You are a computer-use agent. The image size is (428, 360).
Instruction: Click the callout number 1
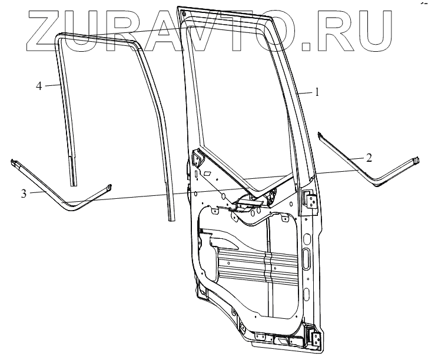pyautogui.click(x=316, y=92)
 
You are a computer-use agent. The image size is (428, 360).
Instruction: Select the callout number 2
pyautogui.click(x=369, y=157)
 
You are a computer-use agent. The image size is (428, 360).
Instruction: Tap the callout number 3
pyautogui.click(x=24, y=192)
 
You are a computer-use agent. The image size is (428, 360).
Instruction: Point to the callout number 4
pyautogui.click(x=39, y=86)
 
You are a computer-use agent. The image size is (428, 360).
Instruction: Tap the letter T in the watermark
pyautogui.click(x=240, y=26)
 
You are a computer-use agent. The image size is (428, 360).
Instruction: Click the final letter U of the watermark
pyautogui.click(x=377, y=27)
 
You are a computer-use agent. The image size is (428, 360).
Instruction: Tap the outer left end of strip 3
pyautogui.click(x=13, y=161)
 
